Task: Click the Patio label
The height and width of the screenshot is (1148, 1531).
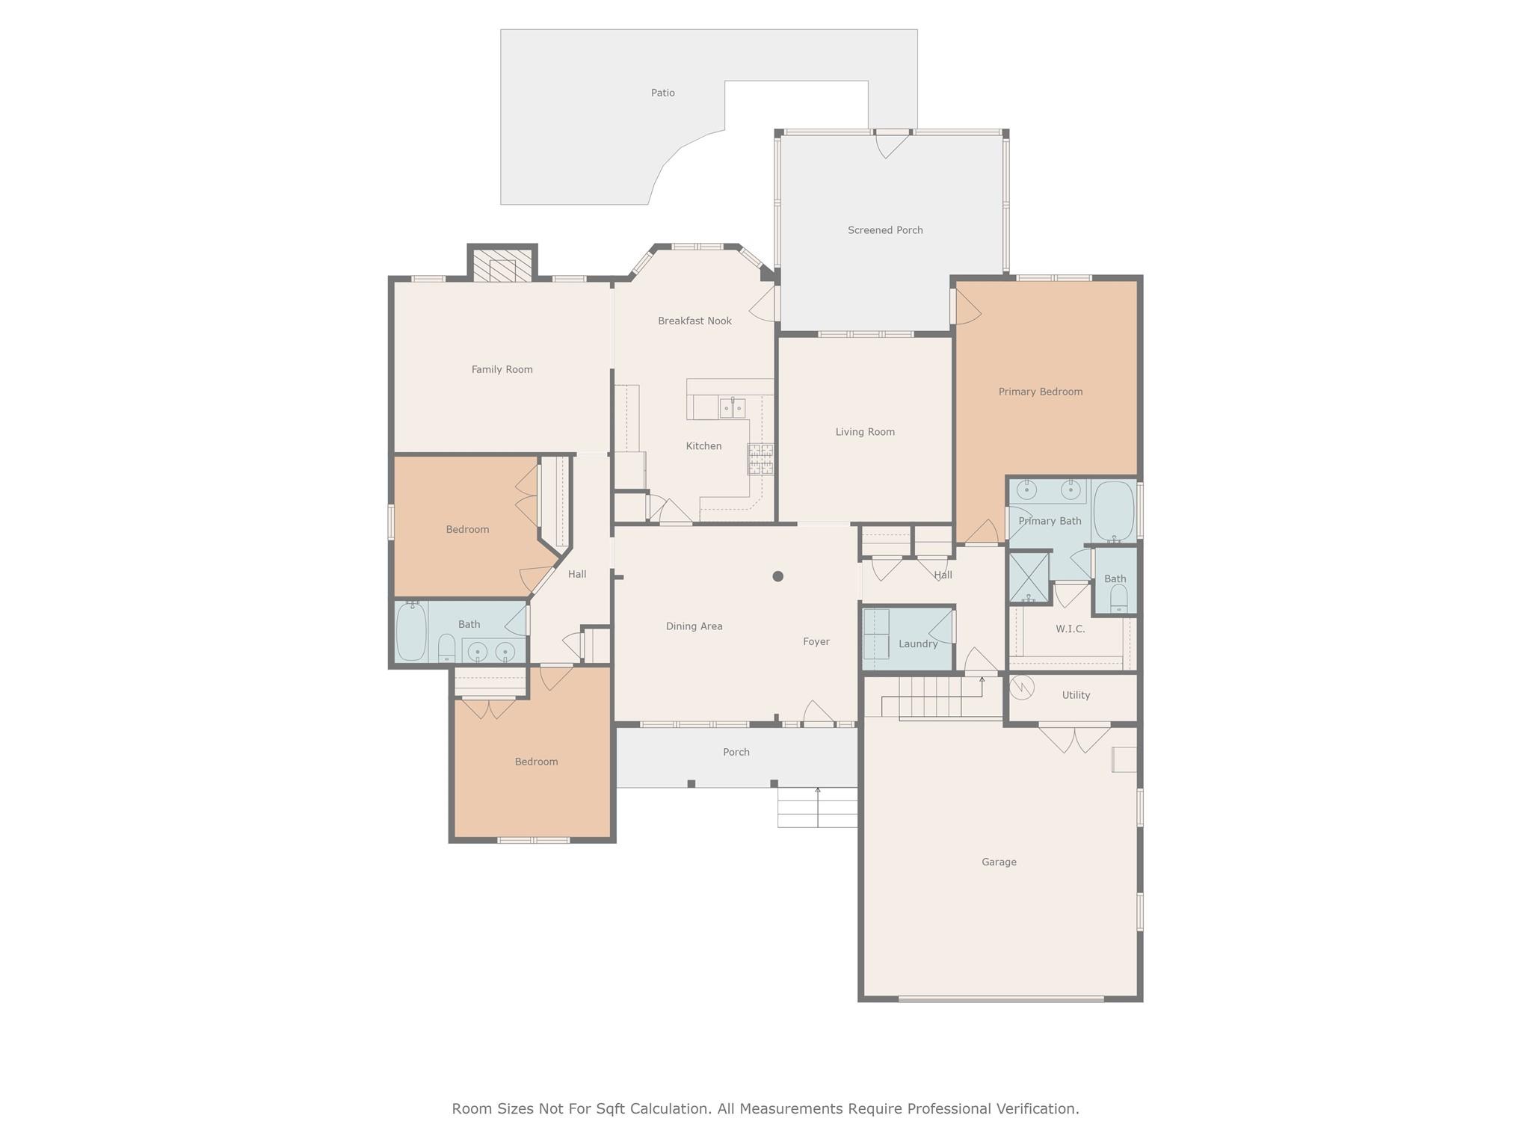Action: tap(662, 93)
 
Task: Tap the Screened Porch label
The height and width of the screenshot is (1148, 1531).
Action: tap(885, 230)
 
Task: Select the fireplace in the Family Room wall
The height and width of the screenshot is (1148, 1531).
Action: tap(502, 265)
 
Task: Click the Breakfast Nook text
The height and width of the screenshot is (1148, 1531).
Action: tap(694, 321)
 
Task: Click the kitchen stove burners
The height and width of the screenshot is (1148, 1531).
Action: tap(760, 459)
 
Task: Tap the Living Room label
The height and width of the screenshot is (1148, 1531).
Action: tap(865, 432)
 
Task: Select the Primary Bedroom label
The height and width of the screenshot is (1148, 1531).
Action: tap(1041, 392)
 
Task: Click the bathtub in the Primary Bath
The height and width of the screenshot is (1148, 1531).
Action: tap(1114, 511)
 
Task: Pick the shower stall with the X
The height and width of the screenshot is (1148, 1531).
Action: tap(1029, 577)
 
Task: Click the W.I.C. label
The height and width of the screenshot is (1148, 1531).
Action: tap(1070, 629)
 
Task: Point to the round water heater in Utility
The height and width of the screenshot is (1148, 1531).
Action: tap(1021, 688)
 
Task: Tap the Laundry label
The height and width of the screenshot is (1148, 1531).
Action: tap(917, 644)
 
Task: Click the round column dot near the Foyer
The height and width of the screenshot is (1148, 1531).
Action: tap(777, 576)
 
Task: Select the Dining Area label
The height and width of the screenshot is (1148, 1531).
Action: tap(694, 626)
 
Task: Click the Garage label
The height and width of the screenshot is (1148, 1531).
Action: tap(999, 862)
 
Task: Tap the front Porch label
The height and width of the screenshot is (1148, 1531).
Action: tap(736, 753)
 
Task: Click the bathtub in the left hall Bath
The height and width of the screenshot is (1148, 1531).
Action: tap(411, 632)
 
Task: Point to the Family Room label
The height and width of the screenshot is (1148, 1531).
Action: tap(502, 369)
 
